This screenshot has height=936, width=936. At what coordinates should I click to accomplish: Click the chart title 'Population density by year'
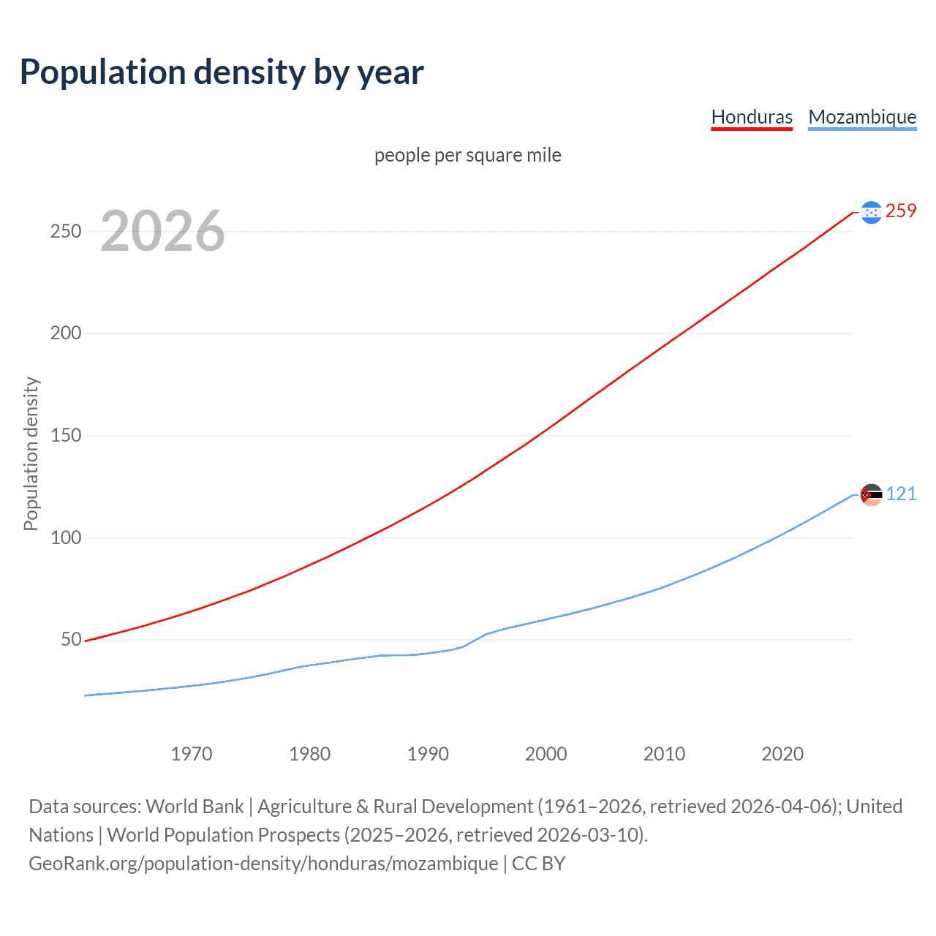pos(222,72)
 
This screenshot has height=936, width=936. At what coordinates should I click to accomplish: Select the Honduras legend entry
pos(752,117)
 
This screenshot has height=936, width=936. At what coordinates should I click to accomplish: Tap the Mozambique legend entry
pos(862,117)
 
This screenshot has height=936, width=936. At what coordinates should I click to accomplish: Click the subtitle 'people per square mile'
pos(468,156)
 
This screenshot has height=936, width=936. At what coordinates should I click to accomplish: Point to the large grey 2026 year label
pos(162,231)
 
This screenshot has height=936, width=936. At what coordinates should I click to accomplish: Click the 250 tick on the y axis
pos(66,231)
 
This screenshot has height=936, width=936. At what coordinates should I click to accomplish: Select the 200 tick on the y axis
pos(66,333)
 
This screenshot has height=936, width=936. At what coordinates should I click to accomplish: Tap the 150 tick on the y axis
pos(66,436)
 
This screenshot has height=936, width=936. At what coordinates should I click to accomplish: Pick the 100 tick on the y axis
pos(66,537)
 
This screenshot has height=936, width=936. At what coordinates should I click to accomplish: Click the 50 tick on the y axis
pos(71,640)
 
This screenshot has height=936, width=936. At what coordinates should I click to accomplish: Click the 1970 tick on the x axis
pos(192,754)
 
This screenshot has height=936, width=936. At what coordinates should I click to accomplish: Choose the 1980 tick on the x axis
pos(310,754)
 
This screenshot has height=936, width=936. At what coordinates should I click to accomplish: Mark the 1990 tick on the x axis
pos(428,754)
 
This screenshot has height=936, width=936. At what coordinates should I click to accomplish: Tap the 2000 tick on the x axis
pos(546,754)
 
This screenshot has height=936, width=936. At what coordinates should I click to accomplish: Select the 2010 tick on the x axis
pos(664,754)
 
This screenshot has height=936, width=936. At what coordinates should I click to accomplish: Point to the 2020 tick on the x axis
pos(782,754)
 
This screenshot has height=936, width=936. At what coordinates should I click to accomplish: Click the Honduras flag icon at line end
pos(871,212)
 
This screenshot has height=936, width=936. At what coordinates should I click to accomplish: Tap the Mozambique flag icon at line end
pos(871,495)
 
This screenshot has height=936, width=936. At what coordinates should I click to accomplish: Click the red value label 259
pos(901,211)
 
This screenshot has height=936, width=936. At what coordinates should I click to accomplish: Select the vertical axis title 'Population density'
pos(31,453)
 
